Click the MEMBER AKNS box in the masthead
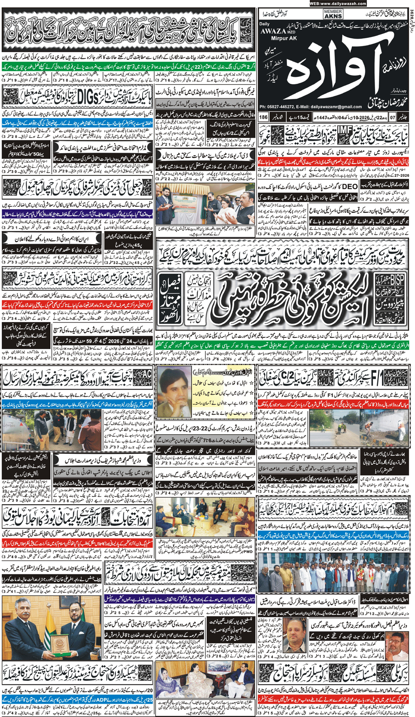click(x=333, y=14)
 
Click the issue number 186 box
click(x=263, y=117)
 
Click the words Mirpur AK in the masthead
click(x=278, y=38)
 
